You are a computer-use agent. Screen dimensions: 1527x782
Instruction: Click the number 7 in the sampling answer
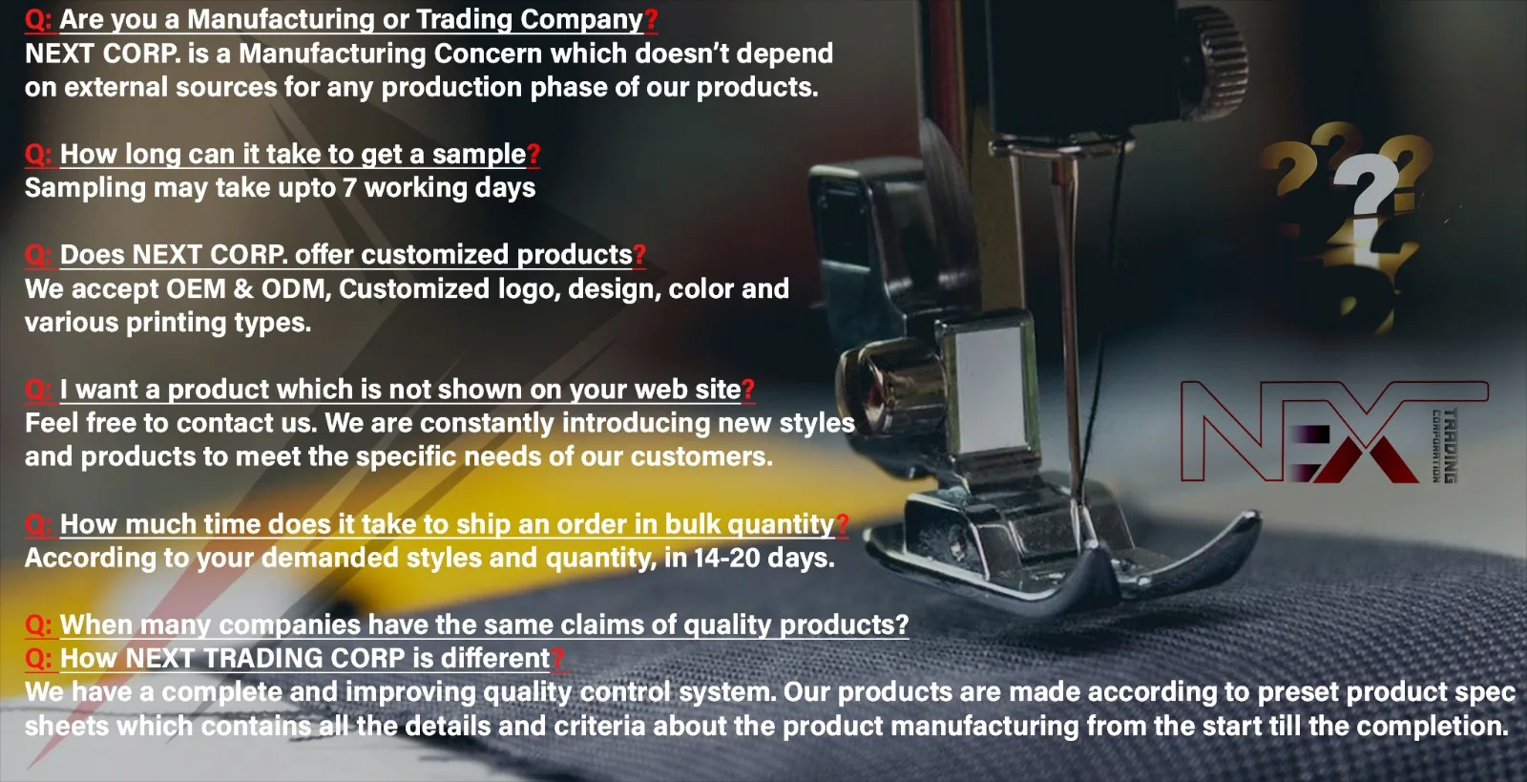click(x=349, y=187)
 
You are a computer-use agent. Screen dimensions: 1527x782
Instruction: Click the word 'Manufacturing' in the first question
click(x=281, y=20)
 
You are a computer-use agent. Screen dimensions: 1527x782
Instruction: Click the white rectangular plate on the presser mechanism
click(x=990, y=390)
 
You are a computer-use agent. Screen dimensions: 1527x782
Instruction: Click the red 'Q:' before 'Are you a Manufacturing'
click(x=38, y=20)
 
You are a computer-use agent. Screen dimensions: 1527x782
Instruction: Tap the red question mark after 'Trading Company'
click(x=651, y=20)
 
